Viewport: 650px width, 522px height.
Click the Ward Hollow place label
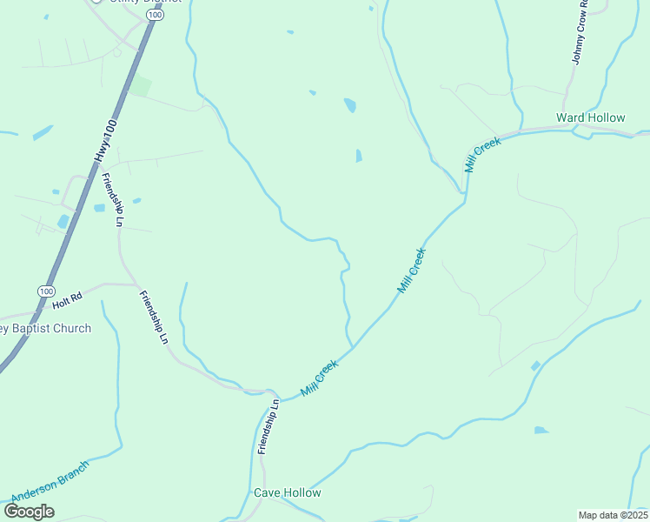point(590,117)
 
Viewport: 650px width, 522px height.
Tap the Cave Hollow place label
point(287,492)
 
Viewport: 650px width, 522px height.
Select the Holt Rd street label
point(66,298)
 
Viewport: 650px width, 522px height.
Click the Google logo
point(29,511)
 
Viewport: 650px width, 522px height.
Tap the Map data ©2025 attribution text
point(612,515)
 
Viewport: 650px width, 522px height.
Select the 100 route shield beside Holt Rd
point(46,291)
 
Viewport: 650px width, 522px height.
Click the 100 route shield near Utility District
point(154,15)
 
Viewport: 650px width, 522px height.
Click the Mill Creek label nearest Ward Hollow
point(483,155)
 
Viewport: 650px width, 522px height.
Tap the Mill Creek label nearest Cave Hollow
point(319,379)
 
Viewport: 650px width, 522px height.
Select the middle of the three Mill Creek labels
point(411,270)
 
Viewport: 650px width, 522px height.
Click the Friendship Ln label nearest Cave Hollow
point(269,426)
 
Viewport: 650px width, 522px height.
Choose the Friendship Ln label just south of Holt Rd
point(154,317)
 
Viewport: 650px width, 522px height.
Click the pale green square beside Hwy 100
point(141,87)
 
